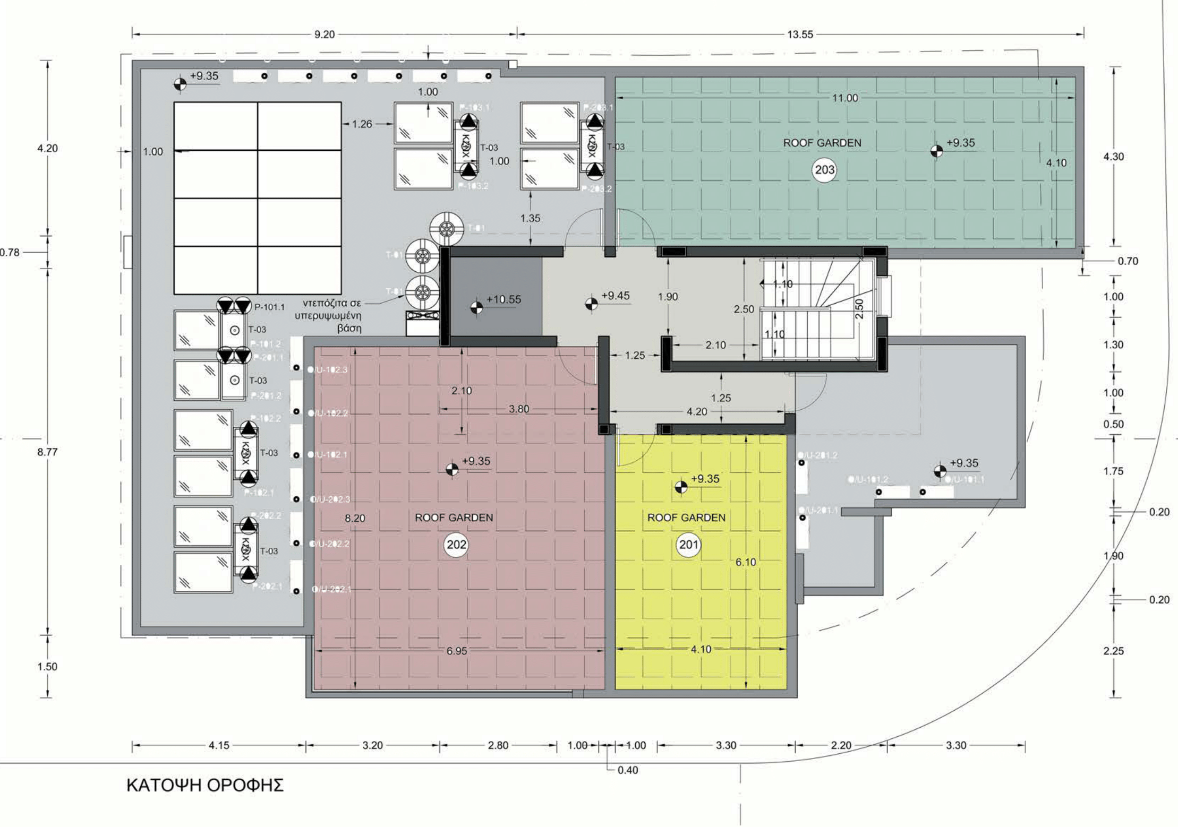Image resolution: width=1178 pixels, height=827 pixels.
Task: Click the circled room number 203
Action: pos(824,170)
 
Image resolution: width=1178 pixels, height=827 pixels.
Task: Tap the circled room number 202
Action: pos(456,545)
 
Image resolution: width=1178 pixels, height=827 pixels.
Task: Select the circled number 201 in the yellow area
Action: pos(689,545)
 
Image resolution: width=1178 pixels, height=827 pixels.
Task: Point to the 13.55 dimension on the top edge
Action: pos(800,35)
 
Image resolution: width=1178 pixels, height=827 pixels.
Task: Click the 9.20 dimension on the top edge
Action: pos(325,35)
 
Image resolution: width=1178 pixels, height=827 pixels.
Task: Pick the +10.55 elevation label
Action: pos(503,299)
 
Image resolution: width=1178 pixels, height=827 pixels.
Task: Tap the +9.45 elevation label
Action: pos(615,296)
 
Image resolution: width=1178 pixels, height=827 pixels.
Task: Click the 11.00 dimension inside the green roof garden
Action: pos(844,98)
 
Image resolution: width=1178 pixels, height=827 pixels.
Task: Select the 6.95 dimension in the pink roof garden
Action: pos(457,651)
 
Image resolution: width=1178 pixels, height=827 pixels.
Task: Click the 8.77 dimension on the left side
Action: pos(47,452)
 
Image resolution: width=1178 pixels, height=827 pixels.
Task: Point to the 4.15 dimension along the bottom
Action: pos(219,745)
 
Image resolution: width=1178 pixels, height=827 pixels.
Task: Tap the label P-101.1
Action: pos(269,307)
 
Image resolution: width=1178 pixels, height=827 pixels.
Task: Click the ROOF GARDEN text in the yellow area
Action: pos(686,518)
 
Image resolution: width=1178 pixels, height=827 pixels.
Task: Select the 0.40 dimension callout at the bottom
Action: pos(628,770)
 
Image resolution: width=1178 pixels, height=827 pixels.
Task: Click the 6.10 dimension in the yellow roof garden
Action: pos(746,562)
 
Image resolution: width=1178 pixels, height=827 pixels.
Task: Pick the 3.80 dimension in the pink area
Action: pos(519,409)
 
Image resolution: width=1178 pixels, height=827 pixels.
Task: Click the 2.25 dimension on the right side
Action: pos(1113,651)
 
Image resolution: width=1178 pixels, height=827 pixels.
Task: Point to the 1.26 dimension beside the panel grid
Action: pos(362,124)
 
